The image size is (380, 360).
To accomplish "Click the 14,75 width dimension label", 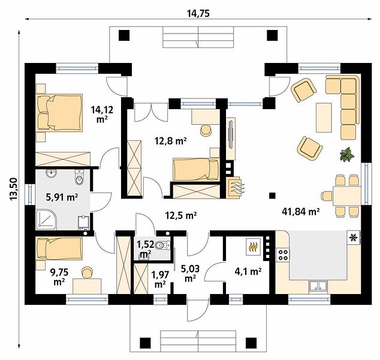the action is [x=198, y=14].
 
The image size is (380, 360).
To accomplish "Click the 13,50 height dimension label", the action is [x=14, y=189].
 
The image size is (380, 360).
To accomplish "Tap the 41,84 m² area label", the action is [x=300, y=212].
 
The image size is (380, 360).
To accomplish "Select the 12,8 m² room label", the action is [x=171, y=140].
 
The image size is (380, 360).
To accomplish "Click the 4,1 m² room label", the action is [x=248, y=271].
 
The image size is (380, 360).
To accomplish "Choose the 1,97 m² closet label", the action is [x=160, y=280].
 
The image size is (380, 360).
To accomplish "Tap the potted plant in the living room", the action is [x=347, y=154].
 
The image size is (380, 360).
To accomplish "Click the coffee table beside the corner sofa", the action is [x=324, y=118].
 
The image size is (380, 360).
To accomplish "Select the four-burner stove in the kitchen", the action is [x=283, y=255].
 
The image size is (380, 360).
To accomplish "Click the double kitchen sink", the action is [x=318, y=286].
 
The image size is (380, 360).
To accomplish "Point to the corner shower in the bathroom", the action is [x=46, y=219].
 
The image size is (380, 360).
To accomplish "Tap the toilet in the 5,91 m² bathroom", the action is [x=79, y=177].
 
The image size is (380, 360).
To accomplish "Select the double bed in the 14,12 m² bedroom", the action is [x=59, y=113].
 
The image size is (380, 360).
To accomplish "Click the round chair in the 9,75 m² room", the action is [x=88, y=272].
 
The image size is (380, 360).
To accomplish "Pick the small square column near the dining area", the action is [x=272, y=196].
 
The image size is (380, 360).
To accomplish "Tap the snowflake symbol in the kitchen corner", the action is [x=353, y=238].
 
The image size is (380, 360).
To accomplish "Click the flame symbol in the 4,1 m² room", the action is [x=253, y=247].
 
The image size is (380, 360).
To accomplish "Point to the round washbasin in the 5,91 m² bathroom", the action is [x=51, y=173].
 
